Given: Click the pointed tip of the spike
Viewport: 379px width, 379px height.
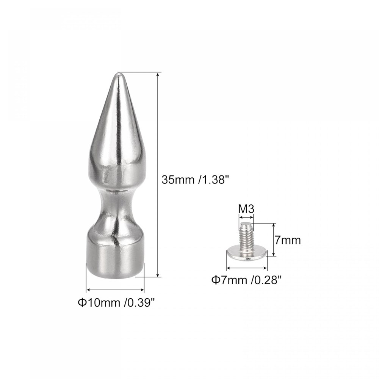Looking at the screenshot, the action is coord(118,74).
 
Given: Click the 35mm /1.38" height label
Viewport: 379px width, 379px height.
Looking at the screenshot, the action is coord(193,180).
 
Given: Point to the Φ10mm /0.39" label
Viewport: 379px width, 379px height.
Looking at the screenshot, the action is coord(116,302).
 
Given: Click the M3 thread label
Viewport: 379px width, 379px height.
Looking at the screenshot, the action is coord(246,209).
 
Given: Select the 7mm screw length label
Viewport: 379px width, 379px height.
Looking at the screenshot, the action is coord(288,240).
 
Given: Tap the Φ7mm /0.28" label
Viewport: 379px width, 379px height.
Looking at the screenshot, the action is coord(247,280).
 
